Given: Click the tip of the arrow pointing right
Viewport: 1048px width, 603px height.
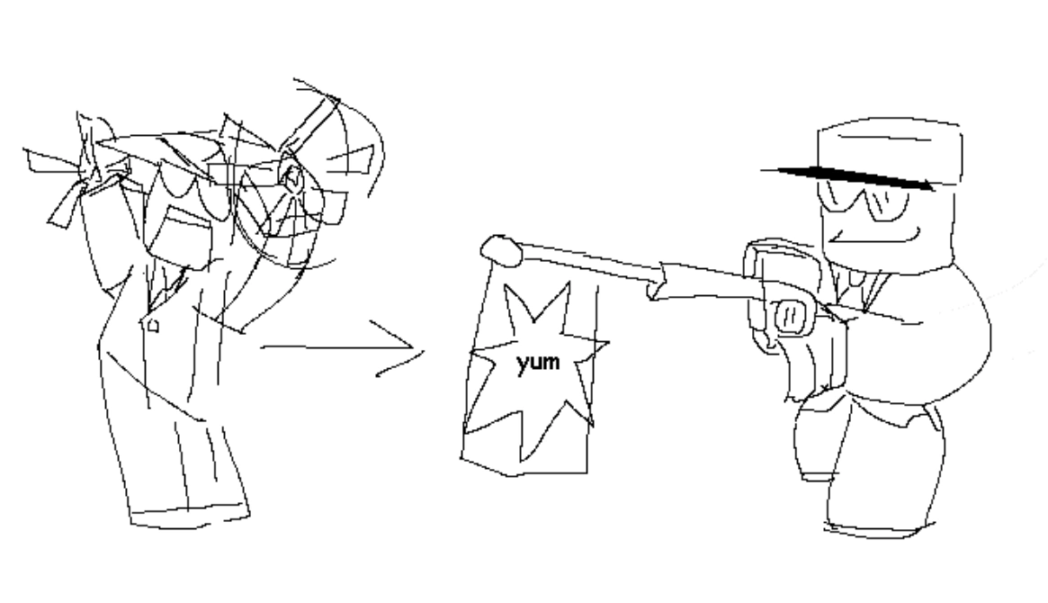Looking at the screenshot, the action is [421, 349].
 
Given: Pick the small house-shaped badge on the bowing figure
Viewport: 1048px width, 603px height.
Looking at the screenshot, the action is [152, 326].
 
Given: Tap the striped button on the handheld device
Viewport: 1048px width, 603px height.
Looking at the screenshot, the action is [790, 315].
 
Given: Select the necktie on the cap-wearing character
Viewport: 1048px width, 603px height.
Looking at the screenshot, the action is [850, 288].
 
